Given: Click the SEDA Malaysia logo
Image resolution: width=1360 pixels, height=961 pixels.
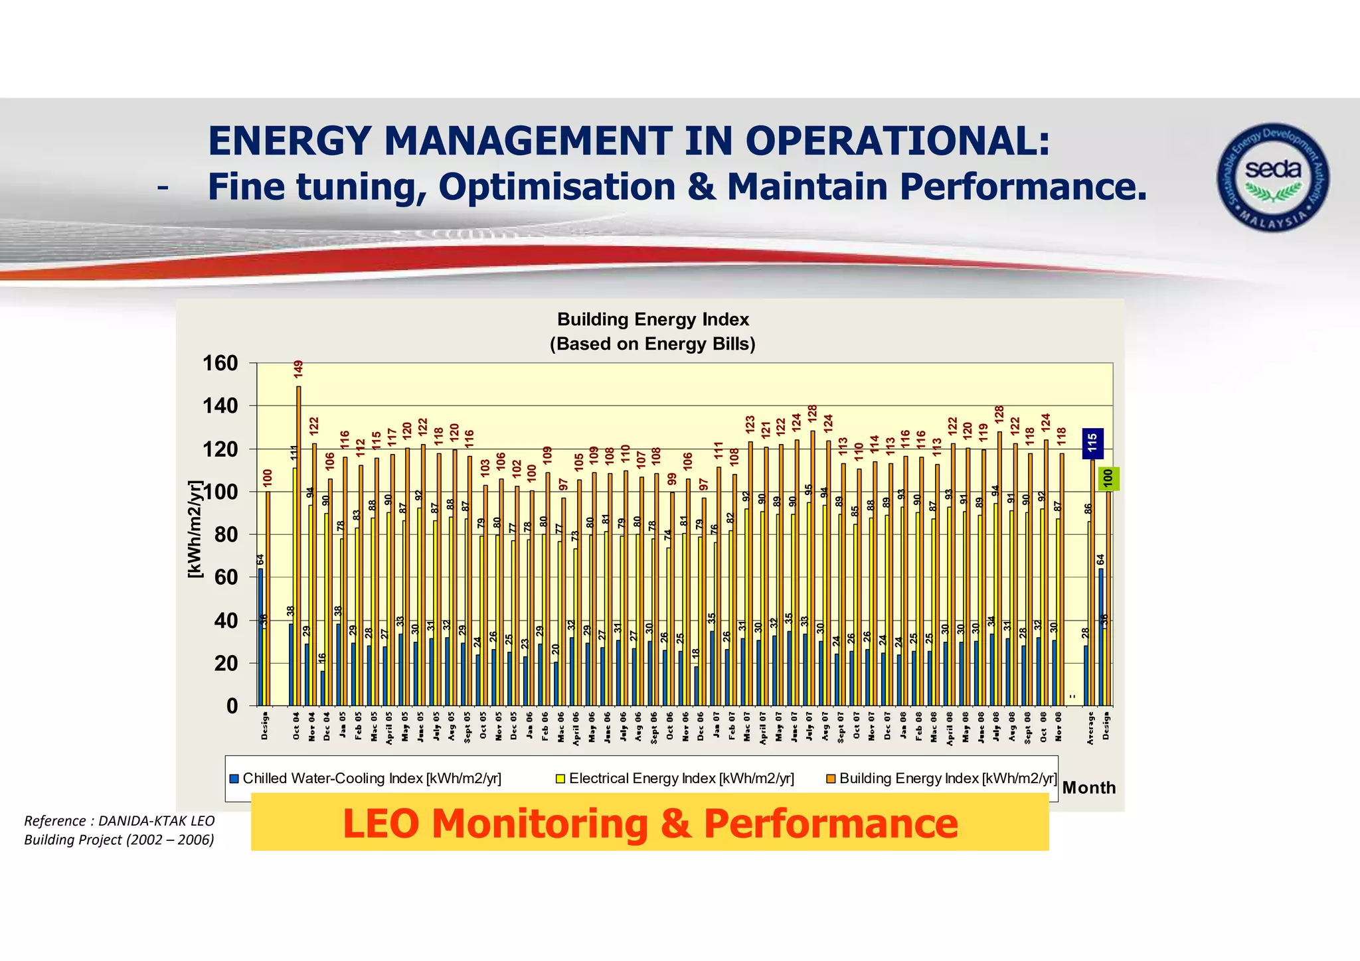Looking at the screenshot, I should (x=1272, y=177).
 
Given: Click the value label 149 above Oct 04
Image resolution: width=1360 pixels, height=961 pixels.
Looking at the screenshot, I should (x=298, y=370).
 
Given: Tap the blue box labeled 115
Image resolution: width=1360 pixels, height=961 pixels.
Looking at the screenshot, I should (x=1093, y=443).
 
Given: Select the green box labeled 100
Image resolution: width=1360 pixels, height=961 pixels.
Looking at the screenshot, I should (x=1108, y=479).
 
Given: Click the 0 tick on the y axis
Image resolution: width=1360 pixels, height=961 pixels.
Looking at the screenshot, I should (x=232, y=706).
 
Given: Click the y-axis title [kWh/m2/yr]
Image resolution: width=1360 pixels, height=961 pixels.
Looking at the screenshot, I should (x=194, y=529).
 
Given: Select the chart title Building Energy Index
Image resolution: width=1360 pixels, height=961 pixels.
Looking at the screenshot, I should (x=653, y=320).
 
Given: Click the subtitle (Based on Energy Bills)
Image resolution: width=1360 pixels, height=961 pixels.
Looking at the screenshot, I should (x=653, y=344).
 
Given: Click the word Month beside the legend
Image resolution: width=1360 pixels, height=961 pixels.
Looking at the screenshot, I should (x=1088, y=788).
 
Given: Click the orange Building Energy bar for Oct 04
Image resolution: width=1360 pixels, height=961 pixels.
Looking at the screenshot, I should (x=299, y=544).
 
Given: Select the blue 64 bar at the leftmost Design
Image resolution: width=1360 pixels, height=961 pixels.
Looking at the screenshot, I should (x=260, y=637).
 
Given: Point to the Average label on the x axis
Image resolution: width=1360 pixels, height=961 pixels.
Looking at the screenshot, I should (x=1090, y=727).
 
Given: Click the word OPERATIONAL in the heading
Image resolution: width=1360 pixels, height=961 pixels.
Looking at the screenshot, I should (x=898, y=141).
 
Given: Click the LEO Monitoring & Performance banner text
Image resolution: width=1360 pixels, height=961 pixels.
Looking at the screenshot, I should (x=649, y=824).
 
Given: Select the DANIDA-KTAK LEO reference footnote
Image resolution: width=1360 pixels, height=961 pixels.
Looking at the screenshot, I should (x=120, y=830).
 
